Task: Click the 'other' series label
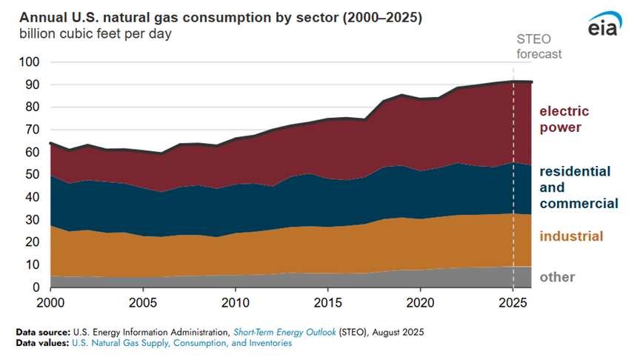pos(557,277)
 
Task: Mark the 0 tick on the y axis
pos(33,287)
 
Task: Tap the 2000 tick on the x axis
pos(50,302)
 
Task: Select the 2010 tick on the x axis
pos(235,302)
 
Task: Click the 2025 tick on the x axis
pos(513,302)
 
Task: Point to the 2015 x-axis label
pos(327,302)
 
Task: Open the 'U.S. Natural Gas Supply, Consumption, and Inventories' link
pos(181,343)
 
